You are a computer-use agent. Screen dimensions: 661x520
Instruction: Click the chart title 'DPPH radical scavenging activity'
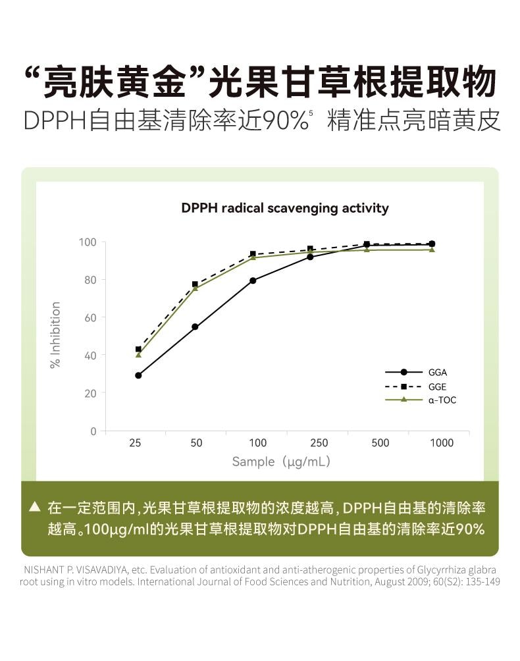284,209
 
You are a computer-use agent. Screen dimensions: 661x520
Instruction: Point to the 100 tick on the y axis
88,242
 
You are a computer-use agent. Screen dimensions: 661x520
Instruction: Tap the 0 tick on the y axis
93,431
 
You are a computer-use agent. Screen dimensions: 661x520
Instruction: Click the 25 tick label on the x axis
135,443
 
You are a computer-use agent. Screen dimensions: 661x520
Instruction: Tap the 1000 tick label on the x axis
441,443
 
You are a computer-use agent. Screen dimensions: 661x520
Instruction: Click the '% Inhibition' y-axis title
56,335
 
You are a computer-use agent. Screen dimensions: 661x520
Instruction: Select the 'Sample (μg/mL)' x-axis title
281,462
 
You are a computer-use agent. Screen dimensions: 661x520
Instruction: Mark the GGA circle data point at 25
138,375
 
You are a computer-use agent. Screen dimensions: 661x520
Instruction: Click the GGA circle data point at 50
195,327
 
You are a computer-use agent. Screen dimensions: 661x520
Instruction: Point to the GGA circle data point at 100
253,280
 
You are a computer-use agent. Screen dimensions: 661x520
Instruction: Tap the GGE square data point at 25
138,349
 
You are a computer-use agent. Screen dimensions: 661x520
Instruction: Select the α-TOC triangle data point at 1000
432,250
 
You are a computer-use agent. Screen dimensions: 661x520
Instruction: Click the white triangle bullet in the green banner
35,507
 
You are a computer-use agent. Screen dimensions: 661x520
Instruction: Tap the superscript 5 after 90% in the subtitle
310,114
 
